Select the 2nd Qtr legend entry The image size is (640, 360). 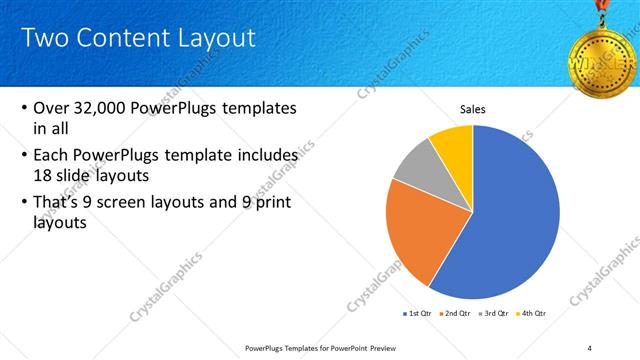tap(458, 313)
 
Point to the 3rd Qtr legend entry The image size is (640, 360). tap(497, 313)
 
